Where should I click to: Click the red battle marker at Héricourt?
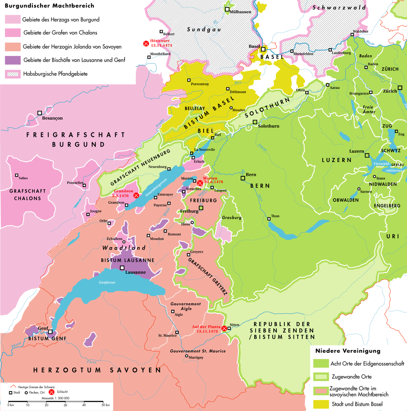pos(146,43)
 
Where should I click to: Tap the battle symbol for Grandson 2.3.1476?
pos(136,195)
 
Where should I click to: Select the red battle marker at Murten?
pos(200,183)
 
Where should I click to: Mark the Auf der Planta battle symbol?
pos(224,328)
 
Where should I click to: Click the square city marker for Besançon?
pos(40,113)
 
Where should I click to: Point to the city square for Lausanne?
pos(122,268)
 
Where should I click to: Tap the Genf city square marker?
pos(50,332)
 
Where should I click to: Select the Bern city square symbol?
pos(243,178)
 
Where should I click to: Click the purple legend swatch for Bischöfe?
pos(13,60)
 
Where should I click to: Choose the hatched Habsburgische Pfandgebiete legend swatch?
pos(13,74)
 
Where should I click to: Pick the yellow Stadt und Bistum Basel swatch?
pos(321,404)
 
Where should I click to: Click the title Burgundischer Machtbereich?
pos(49,6)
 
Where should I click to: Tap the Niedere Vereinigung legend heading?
pos(348,351)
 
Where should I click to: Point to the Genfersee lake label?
pos(107,282)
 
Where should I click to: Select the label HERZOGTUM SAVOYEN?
pos(97,370)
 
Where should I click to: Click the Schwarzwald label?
pos(339,7)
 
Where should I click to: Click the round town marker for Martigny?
pos(186,356)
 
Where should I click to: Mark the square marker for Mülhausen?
pos(227,10)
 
